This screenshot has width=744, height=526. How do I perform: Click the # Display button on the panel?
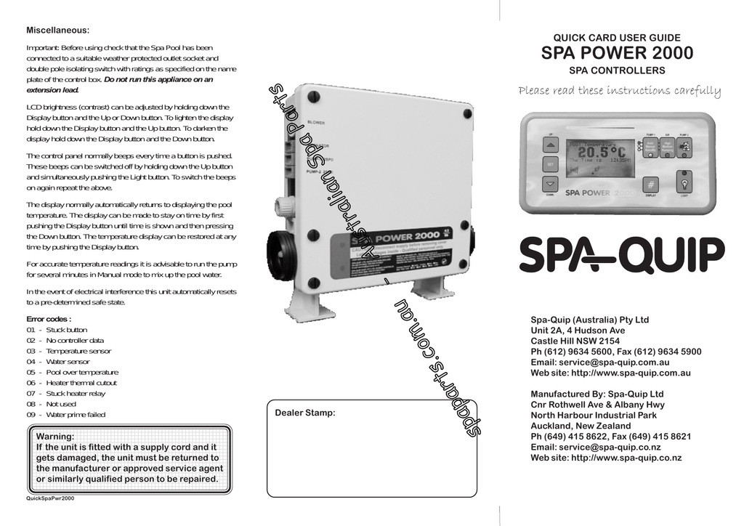651,184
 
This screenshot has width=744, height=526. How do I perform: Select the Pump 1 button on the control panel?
650,148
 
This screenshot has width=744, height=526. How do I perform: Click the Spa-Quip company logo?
621,255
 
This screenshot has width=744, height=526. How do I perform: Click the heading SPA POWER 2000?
618,53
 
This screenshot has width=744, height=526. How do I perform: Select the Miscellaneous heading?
58,30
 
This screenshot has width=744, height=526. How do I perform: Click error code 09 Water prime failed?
66,414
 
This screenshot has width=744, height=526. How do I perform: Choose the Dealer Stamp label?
305,413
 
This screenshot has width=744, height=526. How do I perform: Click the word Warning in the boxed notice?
56,437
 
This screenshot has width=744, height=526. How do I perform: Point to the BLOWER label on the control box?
316,122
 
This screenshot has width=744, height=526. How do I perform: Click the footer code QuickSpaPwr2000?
50,498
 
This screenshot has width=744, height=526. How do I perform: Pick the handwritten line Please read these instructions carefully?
619,92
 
